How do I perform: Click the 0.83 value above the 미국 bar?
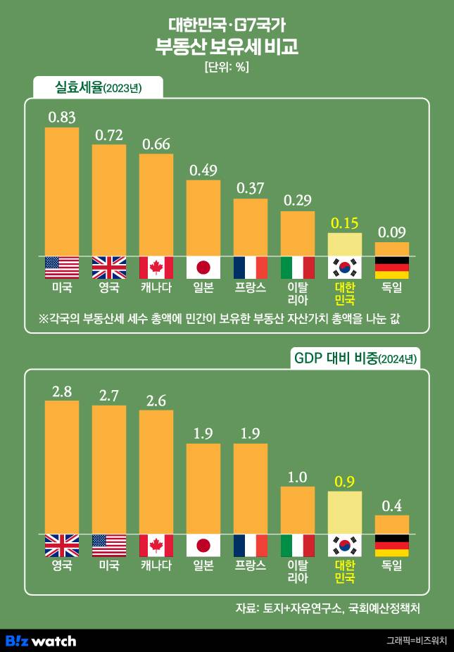pos(62,117)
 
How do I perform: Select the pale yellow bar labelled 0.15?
pos(345,244)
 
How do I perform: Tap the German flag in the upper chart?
pos(392,268)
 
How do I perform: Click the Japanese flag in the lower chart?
pos(203,546)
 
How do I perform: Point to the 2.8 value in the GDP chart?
pos(62,391)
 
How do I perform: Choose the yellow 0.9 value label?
pos(345,482)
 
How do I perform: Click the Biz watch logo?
pos(41,641)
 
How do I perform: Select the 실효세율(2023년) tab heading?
pos(99,87)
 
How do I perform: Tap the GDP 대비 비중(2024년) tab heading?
pos(355,358)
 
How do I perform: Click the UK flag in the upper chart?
pos(109,268)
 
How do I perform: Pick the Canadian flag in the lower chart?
pos(156,546)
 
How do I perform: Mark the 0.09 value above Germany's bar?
pos(392,232)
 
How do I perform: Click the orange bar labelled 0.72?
pos(109,200)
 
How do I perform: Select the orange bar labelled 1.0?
pos(298,510)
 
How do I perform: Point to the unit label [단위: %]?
pos(227,68)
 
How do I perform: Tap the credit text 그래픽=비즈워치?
pos(415,641)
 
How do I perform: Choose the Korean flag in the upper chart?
pos(345,268)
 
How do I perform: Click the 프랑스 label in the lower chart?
pos(251,565)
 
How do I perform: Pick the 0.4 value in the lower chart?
pos(392,506)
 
